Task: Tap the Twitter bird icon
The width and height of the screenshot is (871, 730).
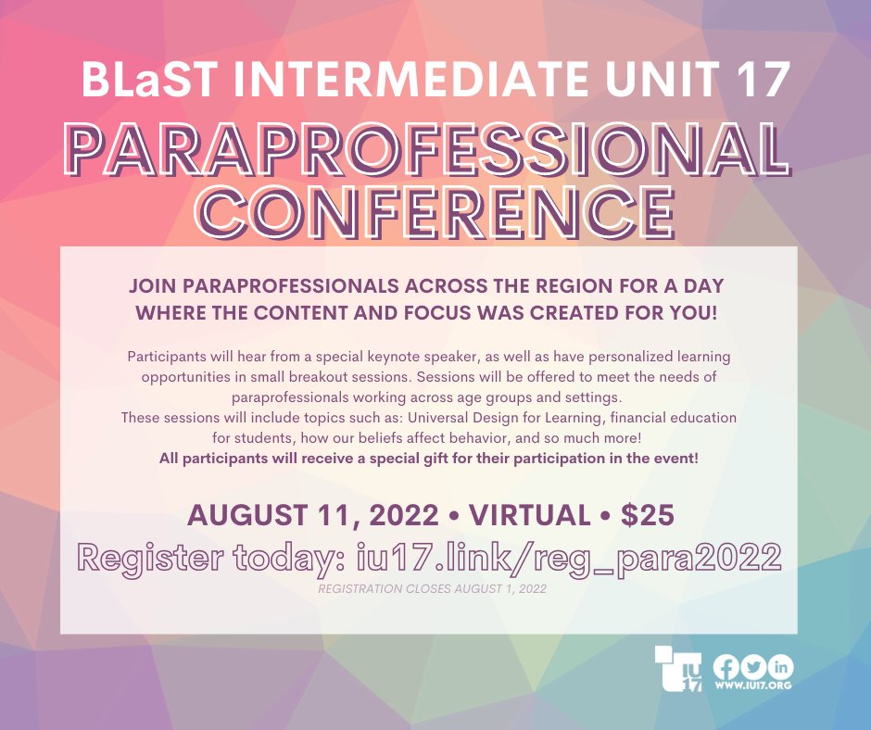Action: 754,666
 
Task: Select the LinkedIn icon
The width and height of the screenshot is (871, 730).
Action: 782,666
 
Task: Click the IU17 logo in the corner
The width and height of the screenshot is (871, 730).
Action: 678,669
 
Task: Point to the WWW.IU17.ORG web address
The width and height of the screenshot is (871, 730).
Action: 752,686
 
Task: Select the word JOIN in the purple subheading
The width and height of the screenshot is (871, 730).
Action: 157,286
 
